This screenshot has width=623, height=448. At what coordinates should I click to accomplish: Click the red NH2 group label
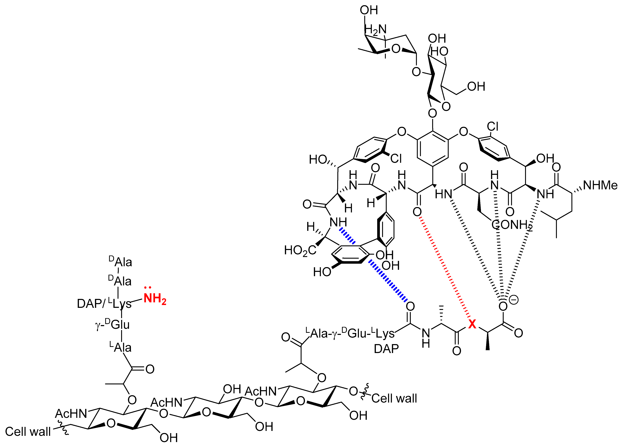(155, 299)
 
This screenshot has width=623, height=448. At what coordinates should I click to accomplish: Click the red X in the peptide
(472, 324)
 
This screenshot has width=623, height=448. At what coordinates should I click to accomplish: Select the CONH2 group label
(512, 225)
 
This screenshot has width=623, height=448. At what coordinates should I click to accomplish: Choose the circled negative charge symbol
(513, 300)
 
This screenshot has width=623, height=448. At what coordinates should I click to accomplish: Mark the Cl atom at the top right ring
(493, 127)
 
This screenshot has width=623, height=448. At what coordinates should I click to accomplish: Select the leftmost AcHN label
(71, 413)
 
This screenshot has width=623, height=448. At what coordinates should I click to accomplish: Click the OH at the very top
(369, 10)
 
